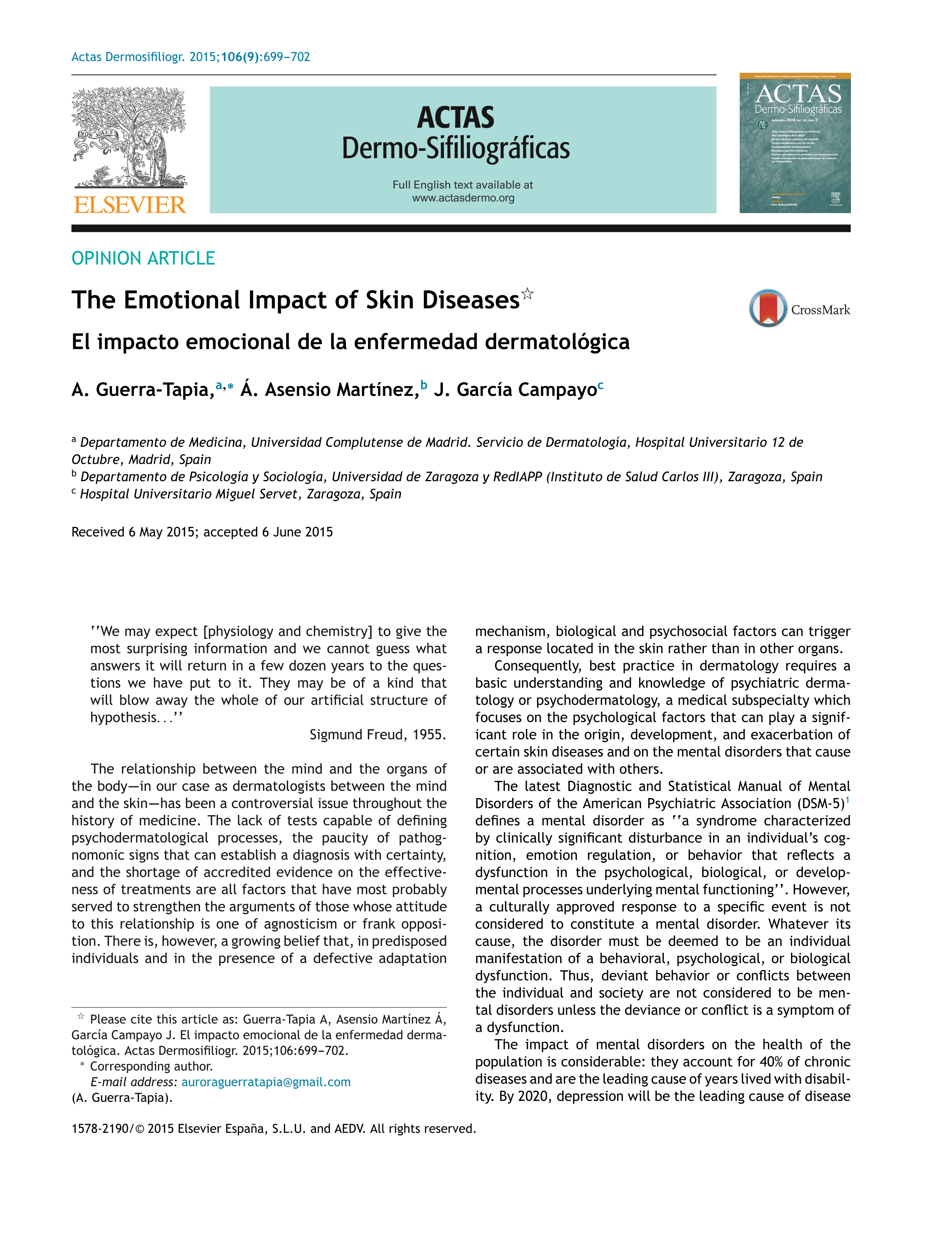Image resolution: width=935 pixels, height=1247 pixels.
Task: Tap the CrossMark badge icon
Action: coord(767,308)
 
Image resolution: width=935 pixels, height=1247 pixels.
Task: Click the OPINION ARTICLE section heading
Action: coord(143,258)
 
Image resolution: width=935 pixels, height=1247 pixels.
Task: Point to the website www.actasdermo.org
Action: coord(463,198)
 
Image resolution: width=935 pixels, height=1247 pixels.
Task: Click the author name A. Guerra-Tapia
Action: coord(141,390)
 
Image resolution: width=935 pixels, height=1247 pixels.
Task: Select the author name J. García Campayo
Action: coord(515,390)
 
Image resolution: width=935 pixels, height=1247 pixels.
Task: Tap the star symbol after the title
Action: coord(527,293)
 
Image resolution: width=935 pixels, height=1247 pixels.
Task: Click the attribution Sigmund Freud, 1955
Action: coord(378,735)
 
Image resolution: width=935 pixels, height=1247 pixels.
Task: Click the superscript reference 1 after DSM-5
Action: coord(847,799)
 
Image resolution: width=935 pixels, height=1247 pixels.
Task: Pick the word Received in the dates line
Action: coord(98,532)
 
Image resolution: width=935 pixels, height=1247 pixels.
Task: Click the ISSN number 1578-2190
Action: coord(100,1129)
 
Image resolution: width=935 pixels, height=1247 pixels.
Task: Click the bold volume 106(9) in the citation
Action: coord(241,57)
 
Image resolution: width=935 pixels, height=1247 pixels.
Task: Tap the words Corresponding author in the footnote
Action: coord(151,1066)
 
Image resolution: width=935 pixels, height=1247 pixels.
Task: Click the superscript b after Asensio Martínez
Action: coord(424,385)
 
